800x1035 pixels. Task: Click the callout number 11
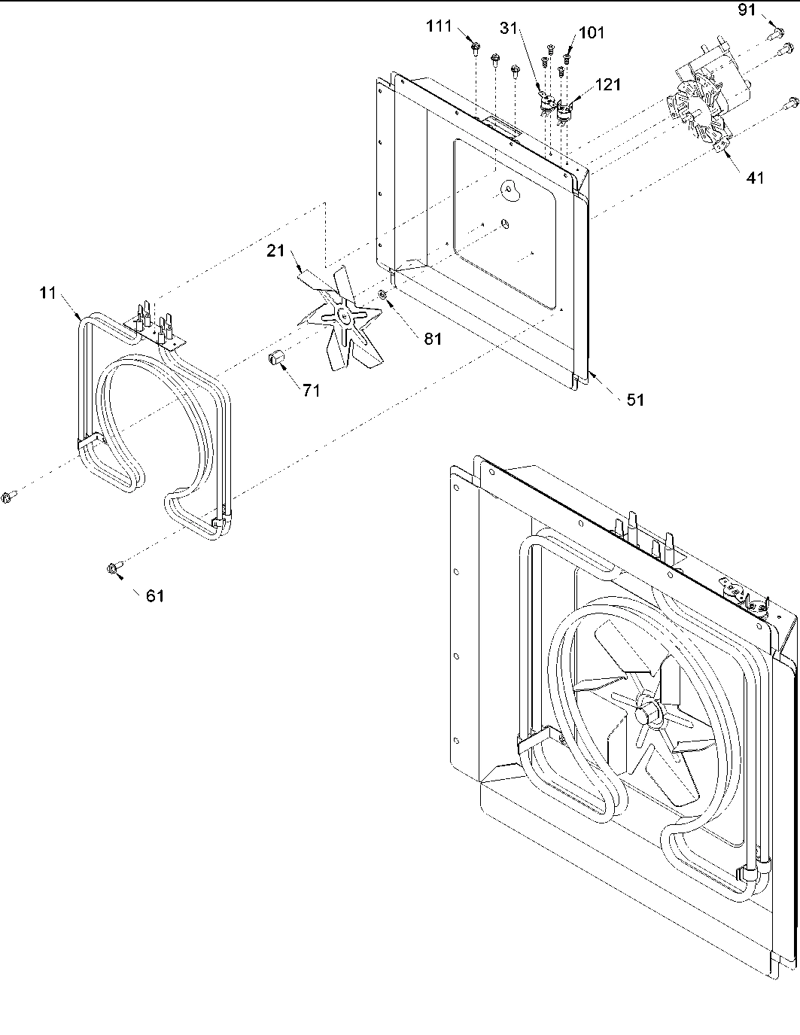point(48,294)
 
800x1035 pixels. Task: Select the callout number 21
point(275,251)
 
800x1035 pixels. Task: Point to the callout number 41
point(755,178)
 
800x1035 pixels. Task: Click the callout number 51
point(635,400)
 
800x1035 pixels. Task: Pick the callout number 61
point(154,596)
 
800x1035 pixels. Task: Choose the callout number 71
point(311,390)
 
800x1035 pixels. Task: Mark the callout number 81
point(432,339)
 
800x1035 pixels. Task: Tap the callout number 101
point(591,33)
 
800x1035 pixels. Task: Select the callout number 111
point(439,27)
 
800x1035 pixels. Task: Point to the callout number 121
point(607,85)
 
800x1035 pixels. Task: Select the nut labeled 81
point(383,294)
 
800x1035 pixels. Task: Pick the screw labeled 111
point(476,48)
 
